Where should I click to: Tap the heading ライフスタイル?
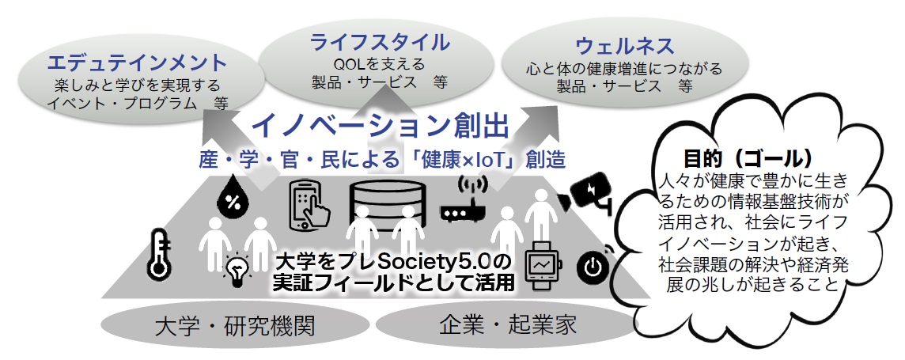(380, 42)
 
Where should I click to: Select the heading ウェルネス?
(625, 44)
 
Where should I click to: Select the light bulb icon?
(236, 271)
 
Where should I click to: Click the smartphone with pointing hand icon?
(309, 205)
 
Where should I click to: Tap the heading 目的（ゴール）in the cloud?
(748, 155)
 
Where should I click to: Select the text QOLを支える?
(380, 64)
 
